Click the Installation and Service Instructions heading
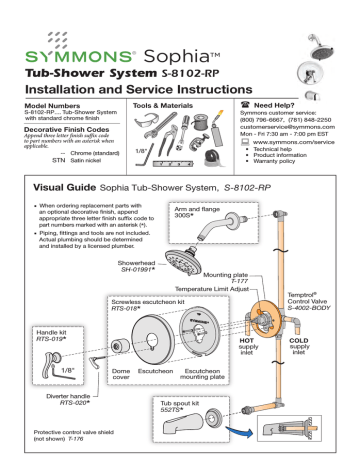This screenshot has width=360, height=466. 138,90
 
